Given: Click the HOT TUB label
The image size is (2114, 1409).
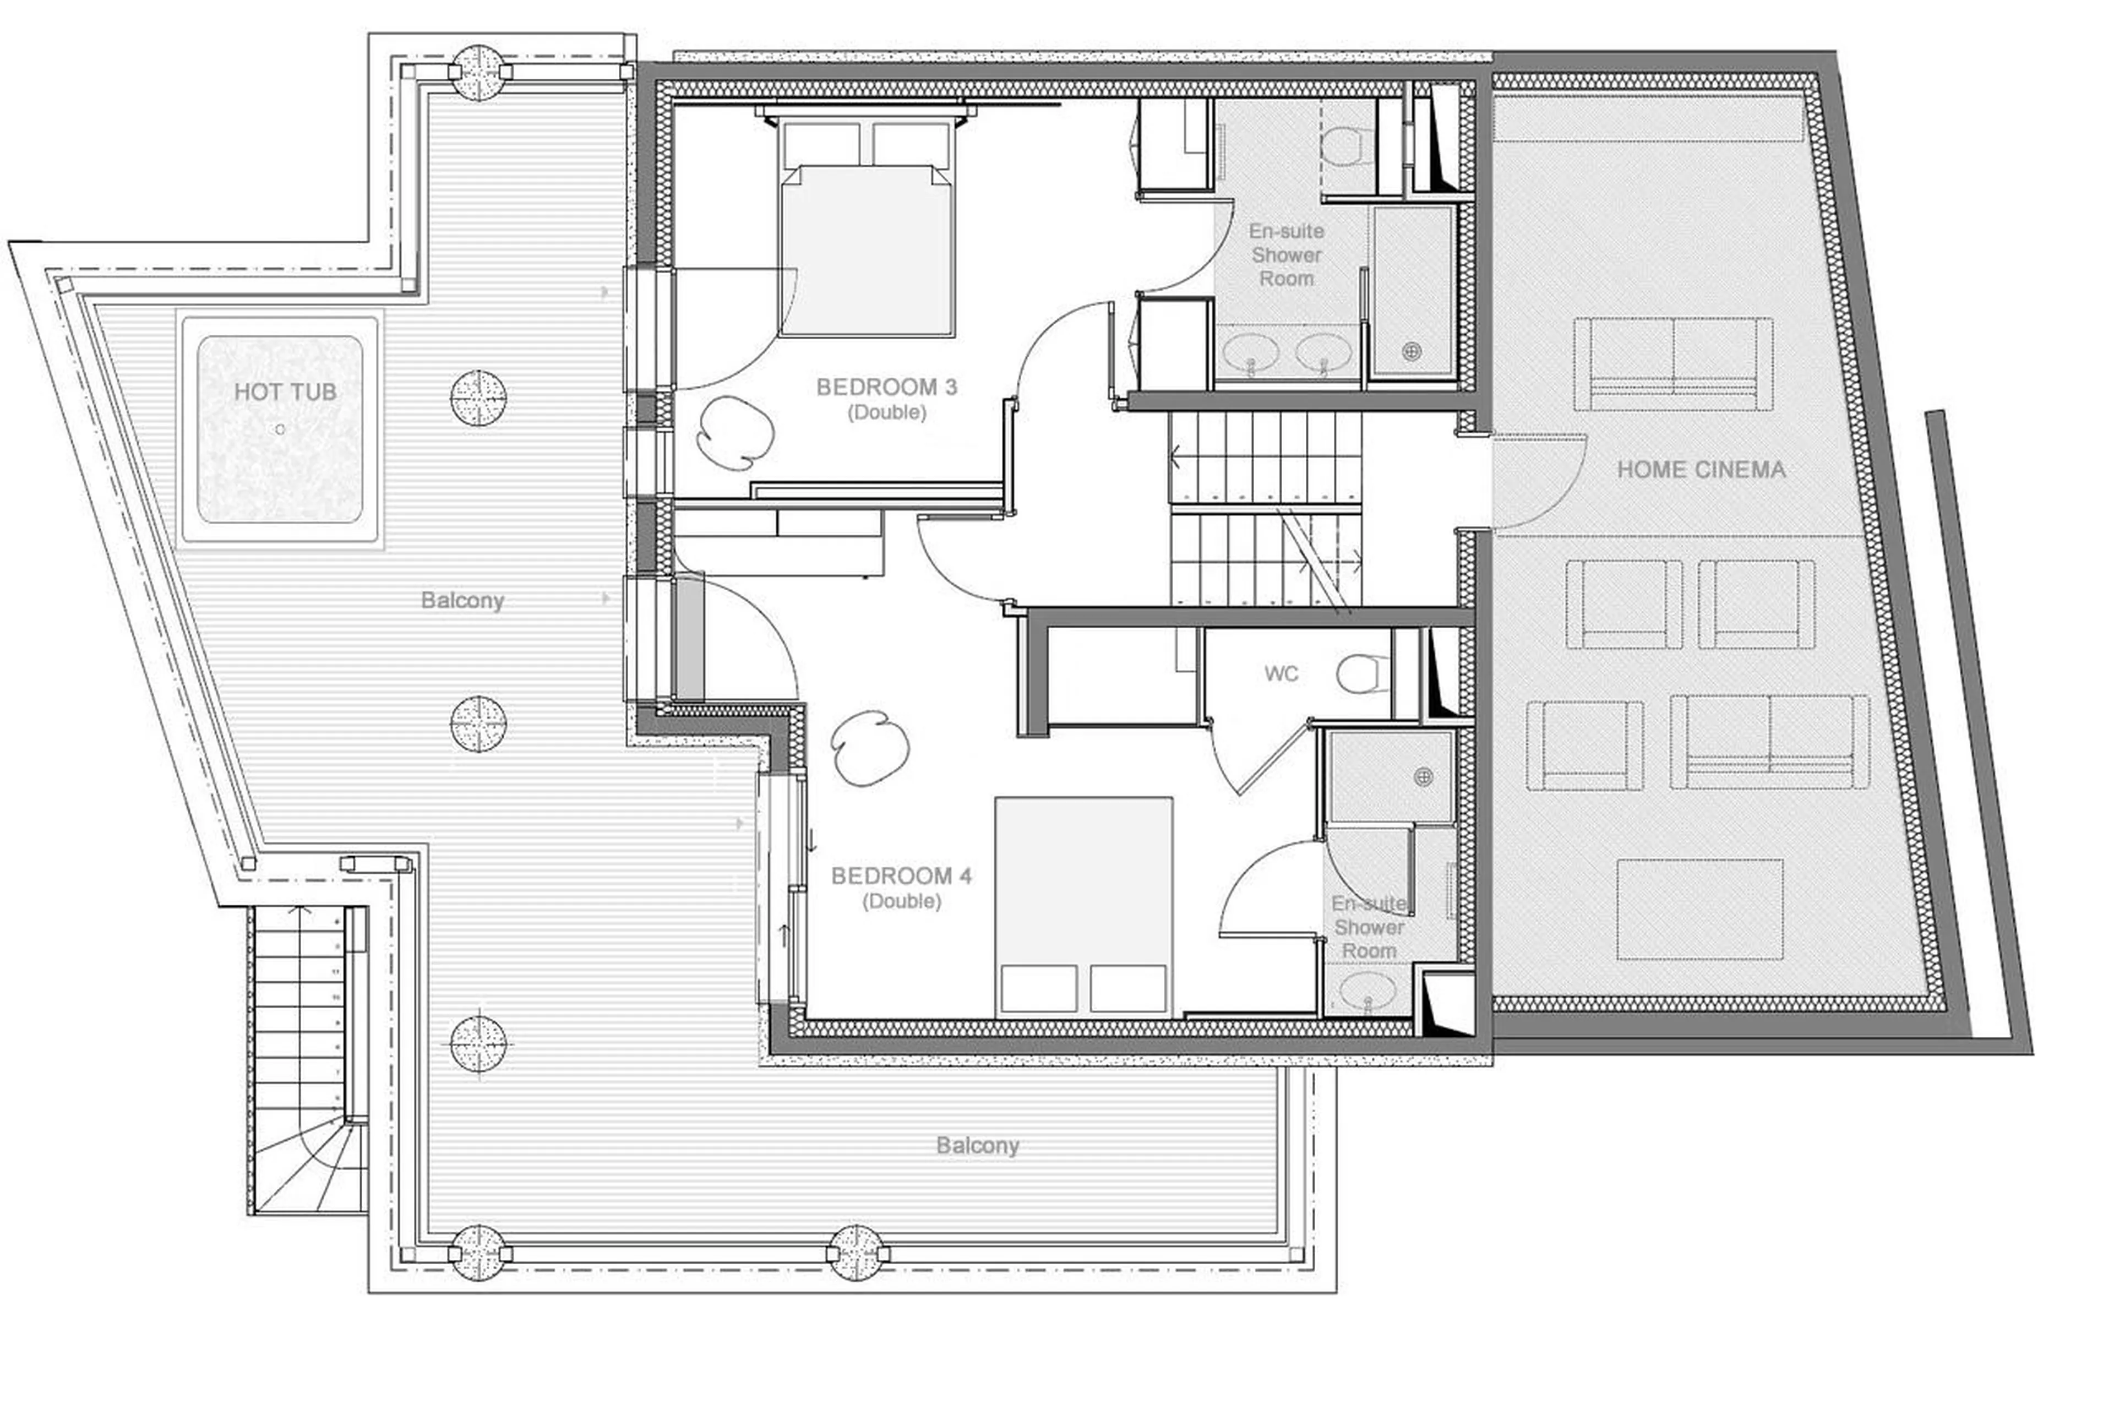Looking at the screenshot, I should click(285, 392).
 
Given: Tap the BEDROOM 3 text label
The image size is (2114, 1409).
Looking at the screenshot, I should click(886, 387).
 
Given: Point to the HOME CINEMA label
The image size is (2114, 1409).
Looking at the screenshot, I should click(1701, 469).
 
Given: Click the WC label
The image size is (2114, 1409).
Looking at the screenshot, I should click(1281, 674).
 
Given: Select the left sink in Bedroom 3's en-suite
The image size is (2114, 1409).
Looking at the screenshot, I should click(1251, 352).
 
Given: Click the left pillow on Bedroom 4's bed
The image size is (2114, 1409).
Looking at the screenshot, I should click(1039, 988).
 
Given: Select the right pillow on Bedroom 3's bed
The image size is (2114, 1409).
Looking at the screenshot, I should click(910, 144).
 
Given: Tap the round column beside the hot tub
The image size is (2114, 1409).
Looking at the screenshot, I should click(478, 397).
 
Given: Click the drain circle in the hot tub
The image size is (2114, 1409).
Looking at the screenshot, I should click(280, 429).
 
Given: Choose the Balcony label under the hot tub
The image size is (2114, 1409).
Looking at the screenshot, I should click(462, 600).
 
